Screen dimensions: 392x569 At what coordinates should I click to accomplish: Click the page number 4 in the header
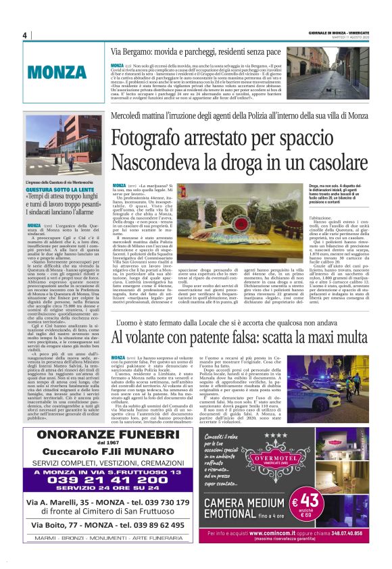coord(24,35)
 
